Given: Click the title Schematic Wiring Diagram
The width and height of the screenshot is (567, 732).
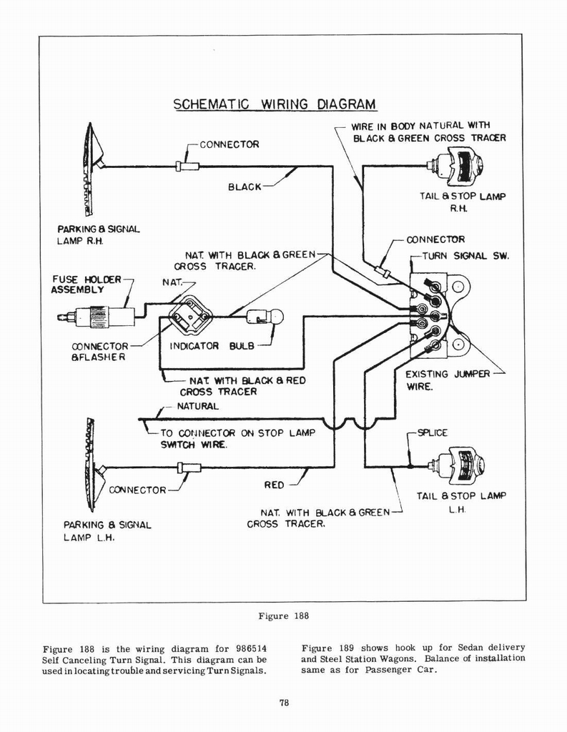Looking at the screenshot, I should click(275, 104).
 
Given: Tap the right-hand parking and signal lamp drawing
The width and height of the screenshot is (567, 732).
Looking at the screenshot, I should click(92, 169).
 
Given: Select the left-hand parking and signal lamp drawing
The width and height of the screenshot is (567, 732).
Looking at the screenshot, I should click(92, 465).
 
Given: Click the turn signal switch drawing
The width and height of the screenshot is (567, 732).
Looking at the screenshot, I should click(438, 315).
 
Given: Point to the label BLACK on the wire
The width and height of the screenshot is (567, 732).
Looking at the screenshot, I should click(245, 187).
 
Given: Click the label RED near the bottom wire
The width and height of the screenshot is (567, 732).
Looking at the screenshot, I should click(274, 485).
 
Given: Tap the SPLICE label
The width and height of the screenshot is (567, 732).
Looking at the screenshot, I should click(432, 432).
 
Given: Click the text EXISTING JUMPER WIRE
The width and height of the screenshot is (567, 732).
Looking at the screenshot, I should click(447, 380).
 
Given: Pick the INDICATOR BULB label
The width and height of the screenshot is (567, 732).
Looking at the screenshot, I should click(212, 346).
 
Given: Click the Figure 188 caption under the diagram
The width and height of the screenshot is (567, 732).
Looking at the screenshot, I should click(284, 615).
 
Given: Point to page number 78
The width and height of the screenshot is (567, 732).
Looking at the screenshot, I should click(283, 703).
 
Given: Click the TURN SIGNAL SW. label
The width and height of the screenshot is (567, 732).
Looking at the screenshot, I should click(464, 256).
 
